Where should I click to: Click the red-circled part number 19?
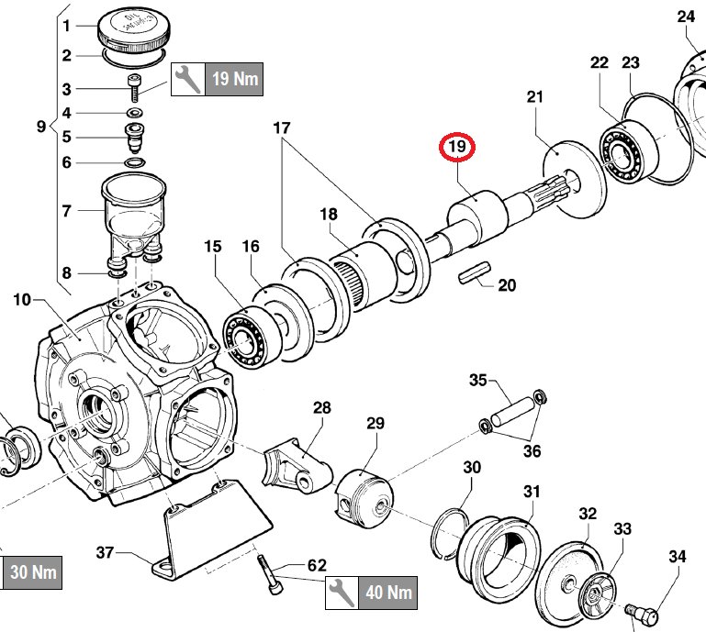(457, 147)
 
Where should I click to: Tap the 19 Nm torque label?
(234, 78)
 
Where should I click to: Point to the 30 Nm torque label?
(32, 573)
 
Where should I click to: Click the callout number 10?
(22, 299)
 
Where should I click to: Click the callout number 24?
(687, 17)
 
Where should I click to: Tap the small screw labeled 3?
(136, 90)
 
